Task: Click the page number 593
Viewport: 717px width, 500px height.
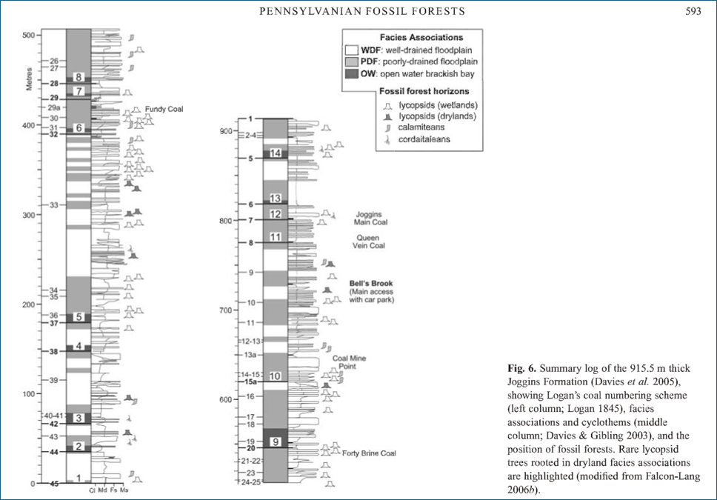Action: point(701,10)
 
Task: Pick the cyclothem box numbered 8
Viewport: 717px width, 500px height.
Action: point(79,77)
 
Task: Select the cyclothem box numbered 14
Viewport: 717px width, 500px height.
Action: point(276,153)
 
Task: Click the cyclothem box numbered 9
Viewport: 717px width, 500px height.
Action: point(276,442)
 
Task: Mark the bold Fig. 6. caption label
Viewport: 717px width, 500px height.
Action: point(521,368)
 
